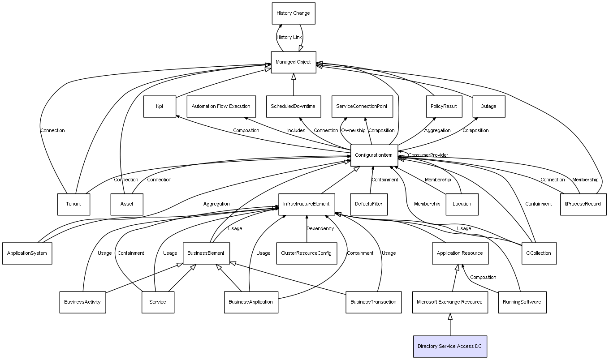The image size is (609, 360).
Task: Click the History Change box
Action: pyautogui.click(x=293, y=13)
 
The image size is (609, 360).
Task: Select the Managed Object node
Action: pyautogui.click(x=293, y=62)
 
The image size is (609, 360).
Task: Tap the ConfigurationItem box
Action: pyautogui.click(x=374, y=155)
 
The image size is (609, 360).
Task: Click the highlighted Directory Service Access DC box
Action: pyautogui.click(x=449, y=346)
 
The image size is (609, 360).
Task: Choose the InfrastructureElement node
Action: pyautogui.click(x=306, y=204)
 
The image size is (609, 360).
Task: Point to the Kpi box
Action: pyautogui.click(x=160, y=107)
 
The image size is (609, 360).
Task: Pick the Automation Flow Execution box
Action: pyautogui.click(x=221, y=107)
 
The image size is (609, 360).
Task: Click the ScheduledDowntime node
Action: pyautogui.click(x=293, y=107)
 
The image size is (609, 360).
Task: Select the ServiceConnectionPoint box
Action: pyautogui.click(x=362, y=107)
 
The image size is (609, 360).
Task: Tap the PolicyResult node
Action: pyautogui.click(x=443, y=107)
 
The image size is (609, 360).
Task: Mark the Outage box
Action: pyautogui.click(x=488, y=107)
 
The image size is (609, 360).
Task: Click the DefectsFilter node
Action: pyautogui.click(x=368, y=204)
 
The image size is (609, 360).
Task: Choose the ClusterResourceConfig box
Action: pyautogui.click(x=306, y=253)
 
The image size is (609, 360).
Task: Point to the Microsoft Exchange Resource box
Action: pyautogui.click(x=449, y=302)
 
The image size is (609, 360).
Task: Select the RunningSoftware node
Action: pyautogui.click(x=522, y=302)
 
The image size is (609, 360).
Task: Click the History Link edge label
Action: pyautogui.click(x=289, y=38)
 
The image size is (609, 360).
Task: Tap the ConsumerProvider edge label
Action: pyautogui.click(x=428, y=155)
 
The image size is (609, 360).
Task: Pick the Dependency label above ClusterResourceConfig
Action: pyautogui.click(x=320, y=229)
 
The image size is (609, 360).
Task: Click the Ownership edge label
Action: pyautogui.click(x=353, y=131)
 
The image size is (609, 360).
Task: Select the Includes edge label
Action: pyautogui.click(x=296, y=131)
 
